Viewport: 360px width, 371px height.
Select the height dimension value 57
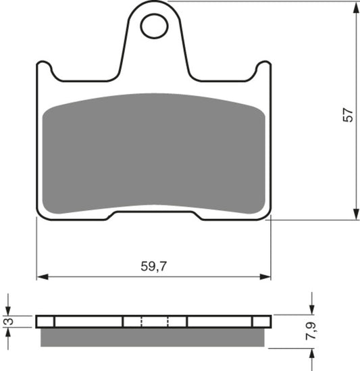[x=348, y=116]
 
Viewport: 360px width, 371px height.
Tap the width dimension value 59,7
[x=153, y=266]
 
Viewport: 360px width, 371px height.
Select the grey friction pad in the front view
[x=153, y=152]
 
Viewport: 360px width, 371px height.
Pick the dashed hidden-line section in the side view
[x=153, y=321]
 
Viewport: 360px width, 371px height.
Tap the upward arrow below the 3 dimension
[x=9, y=335]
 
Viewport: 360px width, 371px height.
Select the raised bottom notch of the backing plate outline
[x=153, y=212]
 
